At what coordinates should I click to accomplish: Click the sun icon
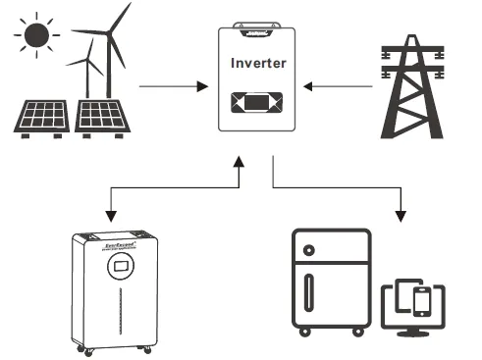pyautogui.click(x=36, y=34)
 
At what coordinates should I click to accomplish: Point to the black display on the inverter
pyautogui.click(x=256, y=102)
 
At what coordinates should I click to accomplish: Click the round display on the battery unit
pyautogui.click(x=121, y=266)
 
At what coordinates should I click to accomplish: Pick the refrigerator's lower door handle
pyautogui.click(x=310, y=291)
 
